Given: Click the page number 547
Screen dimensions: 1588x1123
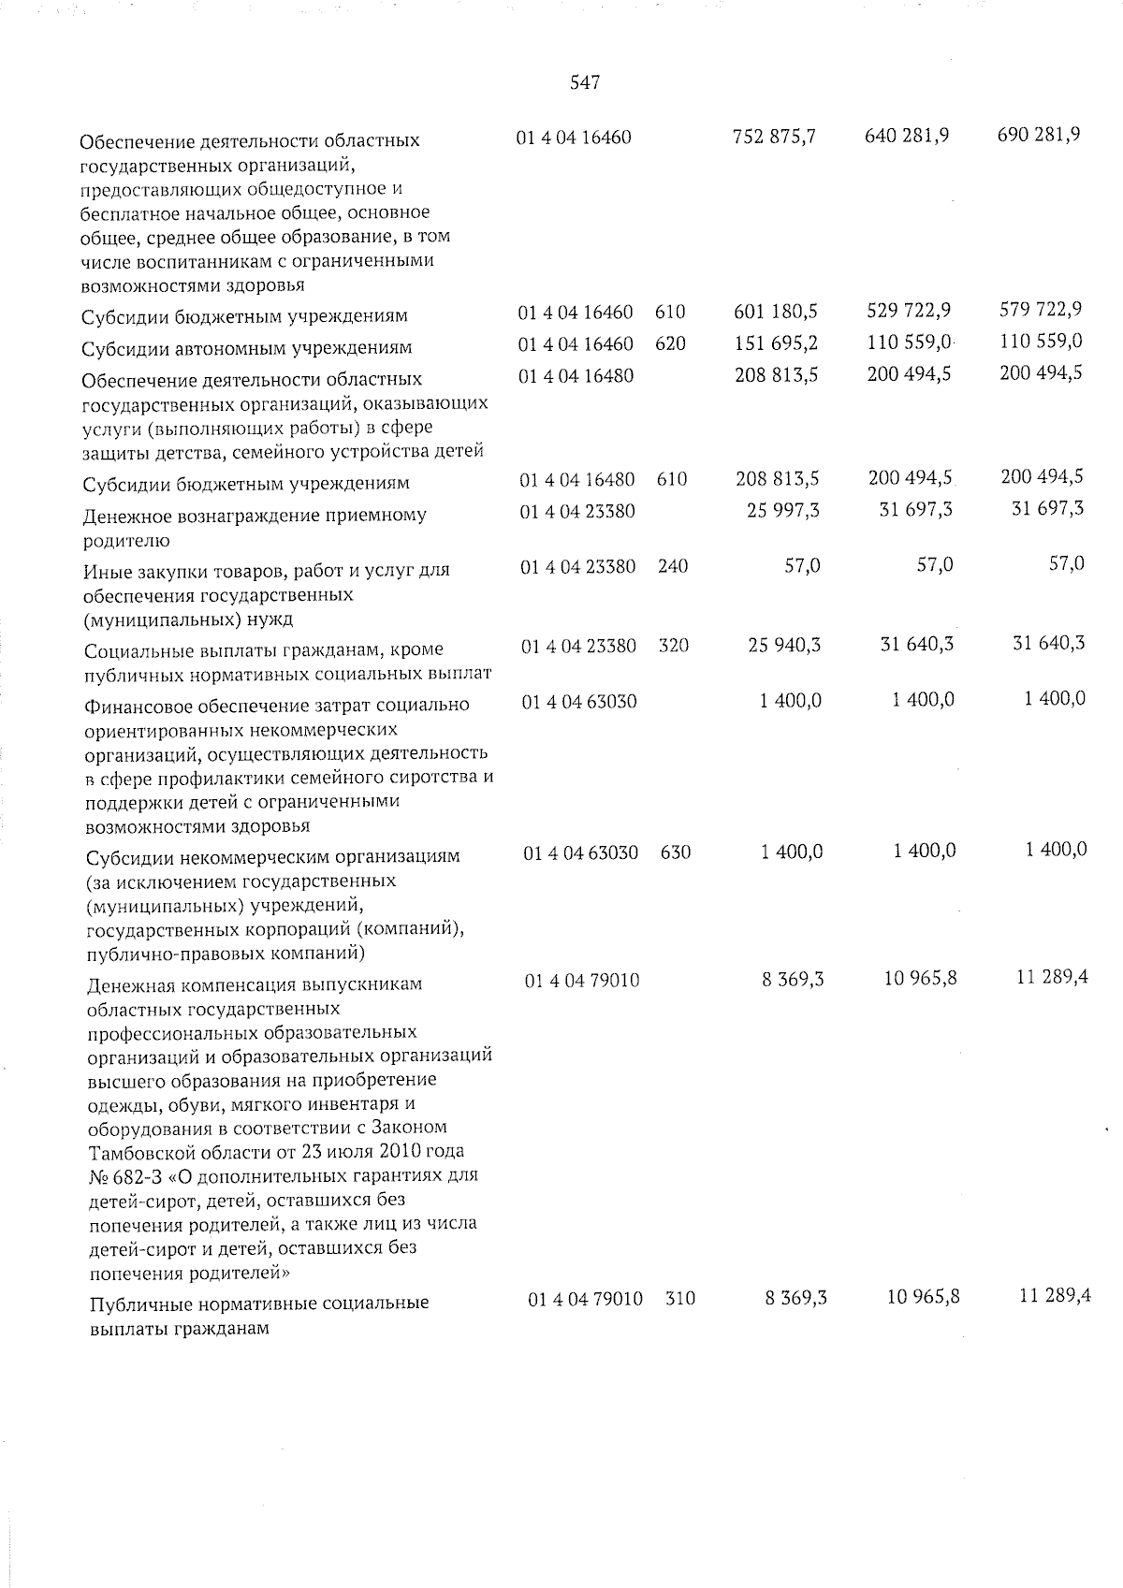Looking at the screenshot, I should pyautogui.click(x=585, y=83).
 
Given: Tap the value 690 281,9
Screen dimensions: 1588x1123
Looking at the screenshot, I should pyautogui.click(x=1039, y=135).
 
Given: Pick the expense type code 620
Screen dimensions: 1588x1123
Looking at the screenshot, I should pyautogui.click(x=670, y=343).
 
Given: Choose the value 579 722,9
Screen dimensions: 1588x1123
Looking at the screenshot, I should pyautogui.click(x=1041, y=310).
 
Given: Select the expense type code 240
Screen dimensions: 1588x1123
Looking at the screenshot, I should pyautogui.click(x=673, y=566).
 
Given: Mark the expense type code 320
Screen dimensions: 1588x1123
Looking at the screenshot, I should pyautogui.click(x=674, y=646).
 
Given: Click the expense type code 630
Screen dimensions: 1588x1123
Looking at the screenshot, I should pyautogui.click(x=676, y=852).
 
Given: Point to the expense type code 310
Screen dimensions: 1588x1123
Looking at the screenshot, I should pyautogui.click(x=680, y=1299).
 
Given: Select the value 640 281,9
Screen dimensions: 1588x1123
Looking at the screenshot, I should pyautogui.click(x=907, y=136).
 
